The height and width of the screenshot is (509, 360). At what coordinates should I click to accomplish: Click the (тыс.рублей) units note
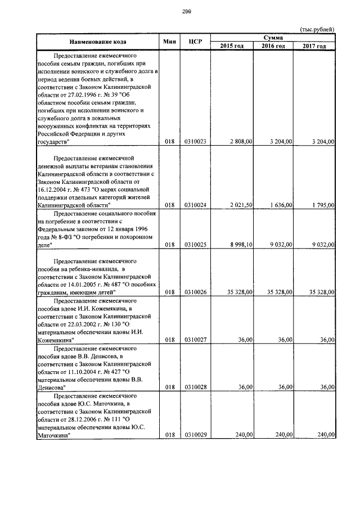pyautogui.click(x=317, y=29)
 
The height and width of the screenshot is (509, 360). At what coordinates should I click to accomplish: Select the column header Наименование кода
pyautogui.click(x=98, y=42)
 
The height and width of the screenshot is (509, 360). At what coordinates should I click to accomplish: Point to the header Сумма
pyautogui.click(x=273, y=37)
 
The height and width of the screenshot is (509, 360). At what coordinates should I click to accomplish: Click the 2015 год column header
pyautogui.click(x=232, y=46)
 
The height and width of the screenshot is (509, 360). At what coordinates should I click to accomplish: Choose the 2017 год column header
pyautogui.click(x=314, y=46)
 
